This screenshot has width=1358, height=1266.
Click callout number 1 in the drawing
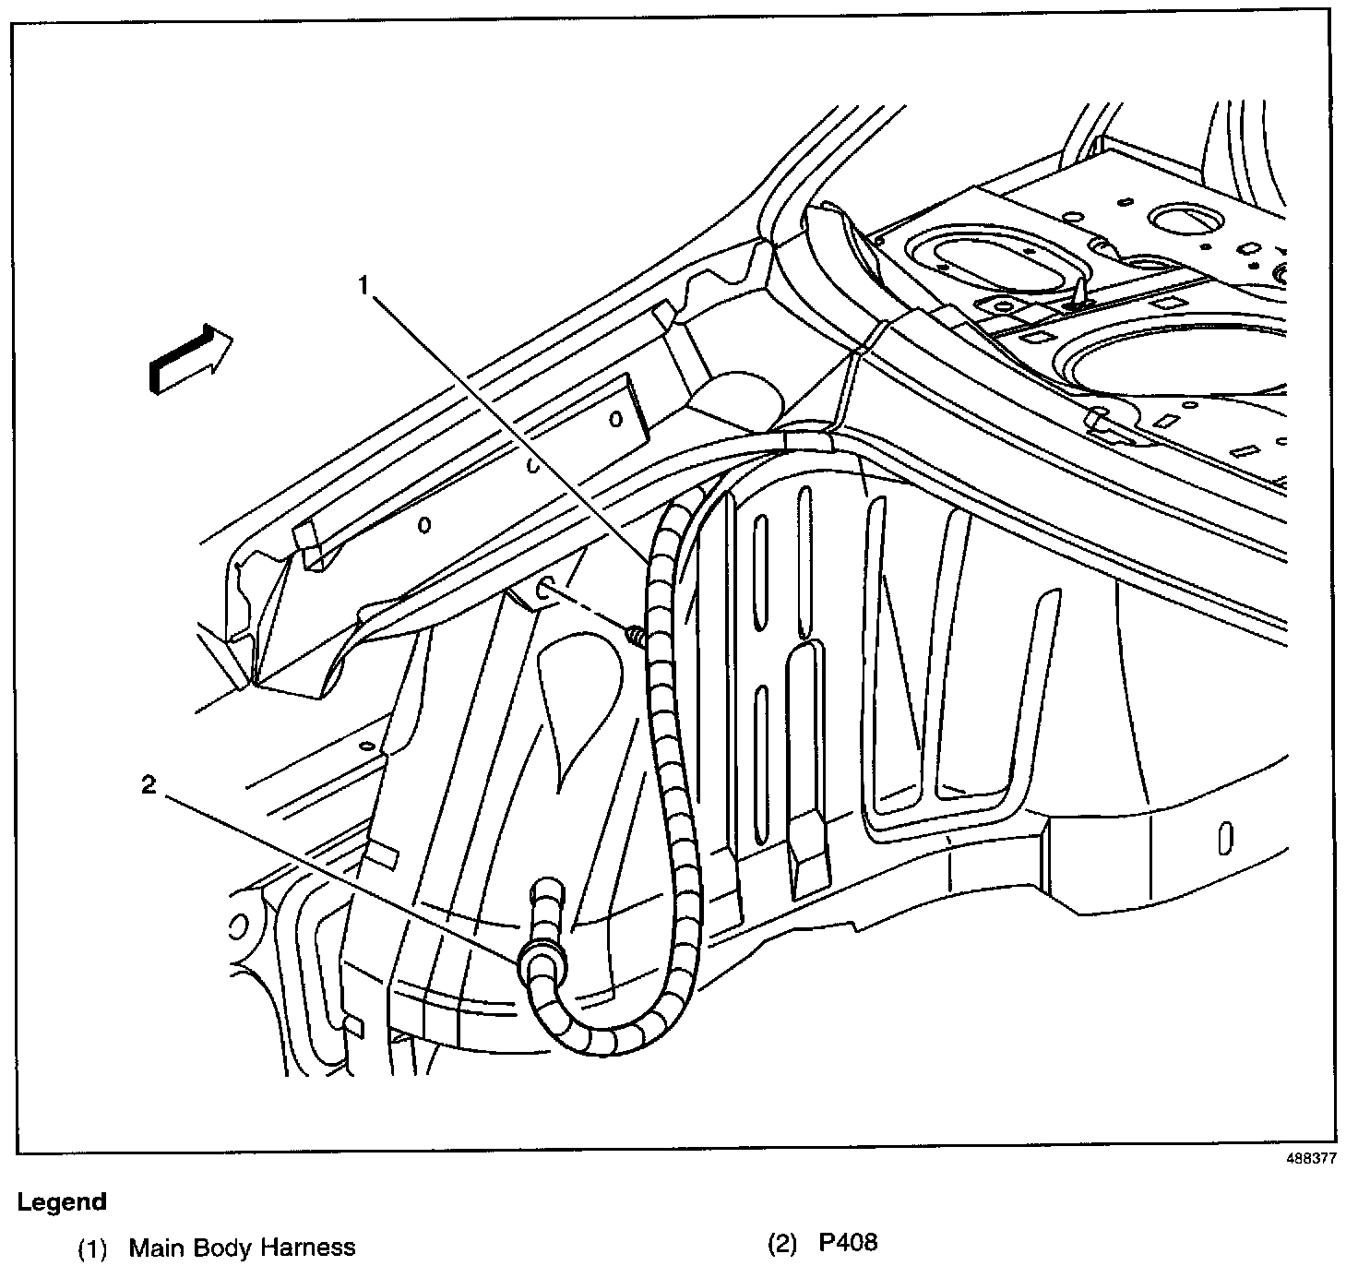point(363,284)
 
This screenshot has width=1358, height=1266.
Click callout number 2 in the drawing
point(149,784)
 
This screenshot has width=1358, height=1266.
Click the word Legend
point(62,1201)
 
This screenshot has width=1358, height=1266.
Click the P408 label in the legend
point(848,1242)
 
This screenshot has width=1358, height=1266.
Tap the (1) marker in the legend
point(92,1248)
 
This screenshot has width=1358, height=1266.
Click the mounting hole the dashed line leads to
point(547,588)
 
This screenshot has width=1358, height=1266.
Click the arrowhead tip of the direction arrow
point(233,337)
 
